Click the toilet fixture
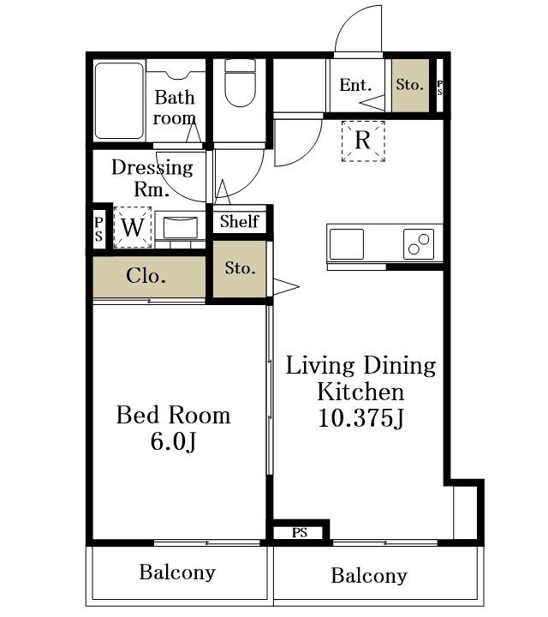pos(241,82)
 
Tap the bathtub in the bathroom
pos(119,101)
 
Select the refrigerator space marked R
pos(363,141)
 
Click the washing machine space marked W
pos(133,227)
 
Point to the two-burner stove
pos(419,244)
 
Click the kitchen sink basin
pos(346,244)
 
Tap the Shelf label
pos(240,222)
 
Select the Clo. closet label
pos(146,276)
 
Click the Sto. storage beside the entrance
pos(410,85)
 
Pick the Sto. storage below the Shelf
pos(240,269)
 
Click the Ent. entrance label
pos(355,85)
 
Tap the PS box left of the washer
pos(98,230)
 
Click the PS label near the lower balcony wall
pos(300,533)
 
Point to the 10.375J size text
pos(360,418)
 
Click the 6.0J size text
pos(173,441)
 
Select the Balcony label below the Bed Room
pos(177,572)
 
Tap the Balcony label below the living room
pos(369,576)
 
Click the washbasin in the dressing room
pos(181,227)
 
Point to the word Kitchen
pos(360,392)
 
